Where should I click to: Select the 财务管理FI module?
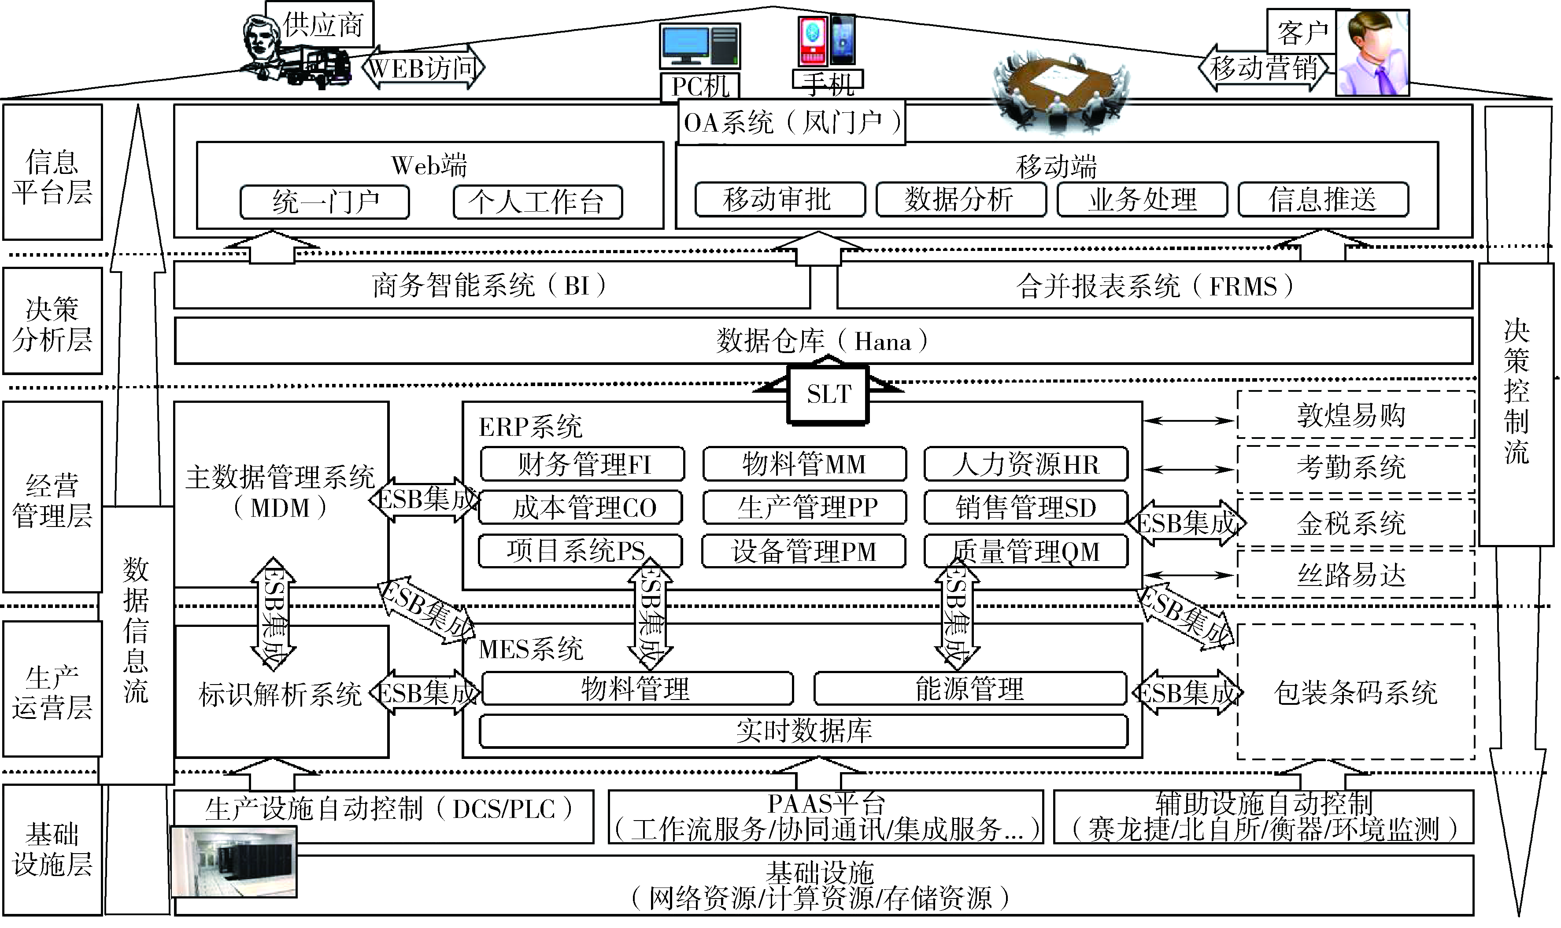click(582, 464)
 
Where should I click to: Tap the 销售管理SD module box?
click(1026, 507)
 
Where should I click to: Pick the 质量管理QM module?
click(1026, 551)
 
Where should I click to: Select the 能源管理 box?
click(970, 689)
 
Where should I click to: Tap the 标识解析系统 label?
click(280, 694)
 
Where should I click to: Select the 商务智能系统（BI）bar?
click(491, 286)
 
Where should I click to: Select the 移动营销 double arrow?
click(1264, 67)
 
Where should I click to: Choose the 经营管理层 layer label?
click(52, 500)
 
